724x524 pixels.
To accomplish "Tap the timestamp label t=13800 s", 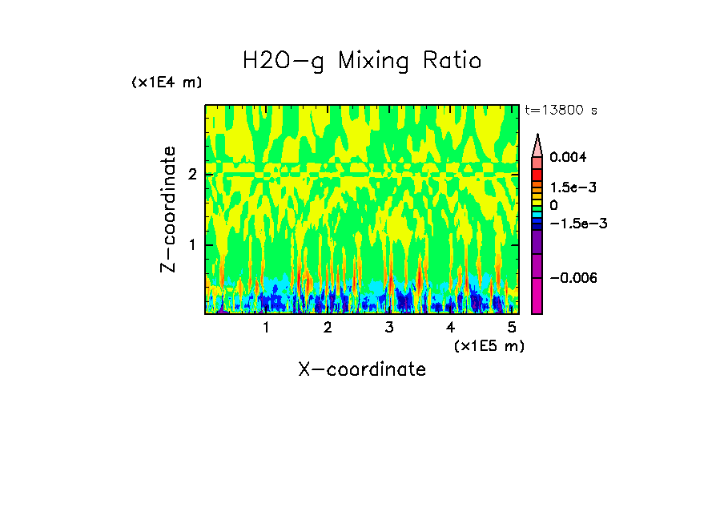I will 561,110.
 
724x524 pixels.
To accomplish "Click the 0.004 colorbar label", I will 567,157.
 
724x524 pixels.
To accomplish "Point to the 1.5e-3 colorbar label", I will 569,187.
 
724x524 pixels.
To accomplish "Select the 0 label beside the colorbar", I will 553,205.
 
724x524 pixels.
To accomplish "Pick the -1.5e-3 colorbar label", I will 577,224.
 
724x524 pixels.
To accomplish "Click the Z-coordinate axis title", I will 168,209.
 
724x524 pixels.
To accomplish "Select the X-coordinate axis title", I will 362,369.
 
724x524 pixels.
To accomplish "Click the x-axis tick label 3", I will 389,328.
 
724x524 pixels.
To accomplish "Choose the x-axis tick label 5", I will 512,328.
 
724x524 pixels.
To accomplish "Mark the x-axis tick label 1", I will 267,328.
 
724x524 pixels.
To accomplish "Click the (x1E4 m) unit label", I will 167,83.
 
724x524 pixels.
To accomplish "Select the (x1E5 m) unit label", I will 489,345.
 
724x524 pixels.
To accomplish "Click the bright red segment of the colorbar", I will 537,175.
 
